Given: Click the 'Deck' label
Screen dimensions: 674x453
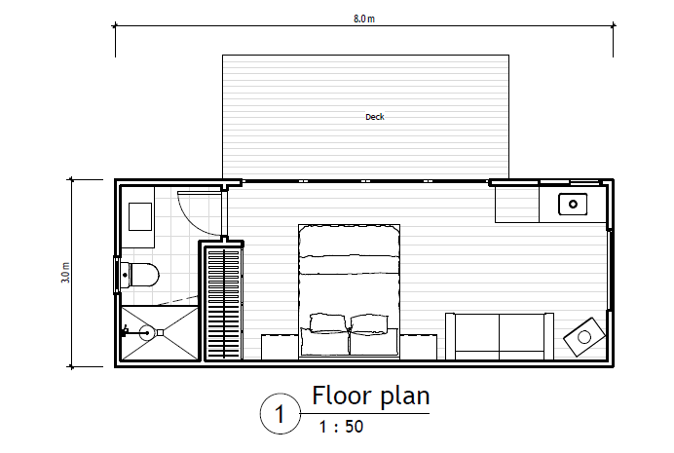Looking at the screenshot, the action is click(x=374, y=117).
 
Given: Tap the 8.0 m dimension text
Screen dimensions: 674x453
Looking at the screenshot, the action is click(x=364, y=19).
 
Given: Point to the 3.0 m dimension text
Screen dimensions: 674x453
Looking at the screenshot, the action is click(x=65, y=273).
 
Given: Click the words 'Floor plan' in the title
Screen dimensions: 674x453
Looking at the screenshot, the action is click(x=370, y=396).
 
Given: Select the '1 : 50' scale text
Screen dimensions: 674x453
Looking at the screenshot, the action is click(x=341, y=427).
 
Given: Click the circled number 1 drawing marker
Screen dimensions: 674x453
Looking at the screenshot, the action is click(x=281, y=414).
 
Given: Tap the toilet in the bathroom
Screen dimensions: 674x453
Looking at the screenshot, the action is click(x=139, y=275).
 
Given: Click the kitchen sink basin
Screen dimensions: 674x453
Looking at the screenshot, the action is click(x=573, y=204).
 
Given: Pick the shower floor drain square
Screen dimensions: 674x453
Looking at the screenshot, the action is click(x=160, y=332).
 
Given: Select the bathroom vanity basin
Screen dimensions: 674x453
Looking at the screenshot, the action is click(x=140, y=216).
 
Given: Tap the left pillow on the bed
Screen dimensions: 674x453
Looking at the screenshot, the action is click(x=327, y=322).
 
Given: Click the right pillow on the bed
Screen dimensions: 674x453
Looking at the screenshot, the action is click(x=369, y=323).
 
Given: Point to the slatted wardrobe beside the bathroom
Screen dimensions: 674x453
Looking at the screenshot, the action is click(x=223, y=303).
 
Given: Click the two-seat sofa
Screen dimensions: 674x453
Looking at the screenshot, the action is click(x=500, y=336).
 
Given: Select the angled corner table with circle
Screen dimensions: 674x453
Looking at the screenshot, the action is click(x=584, y=337).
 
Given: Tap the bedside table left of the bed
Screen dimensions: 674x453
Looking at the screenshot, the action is click(x=280, y=347).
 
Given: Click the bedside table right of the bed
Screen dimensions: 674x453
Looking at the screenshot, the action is click(x=418, y=347).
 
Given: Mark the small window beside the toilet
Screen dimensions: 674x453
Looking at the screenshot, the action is click(x=116, y=275).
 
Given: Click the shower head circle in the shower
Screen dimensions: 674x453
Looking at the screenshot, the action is click(x=147, y=332).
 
